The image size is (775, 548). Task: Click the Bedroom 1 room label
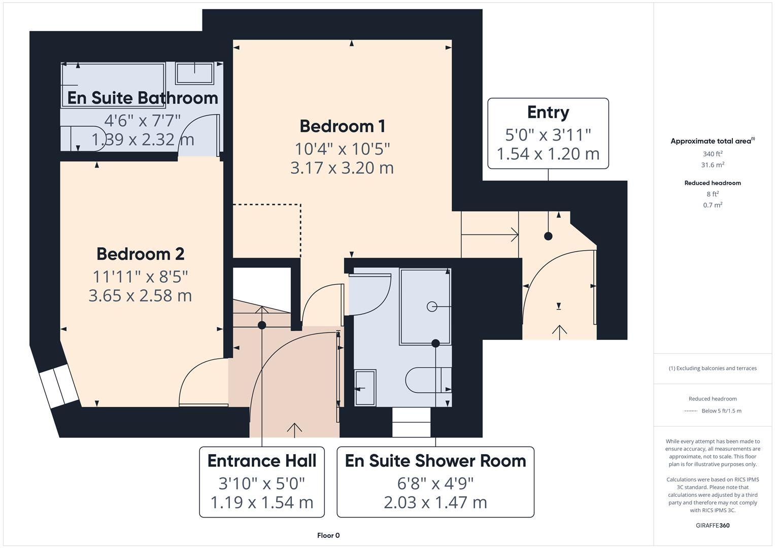pyautogui.click(x=342, y=126)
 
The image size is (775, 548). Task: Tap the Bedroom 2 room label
pyautogui.click(x=140, y=254)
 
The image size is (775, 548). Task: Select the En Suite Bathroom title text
pyautogui.click(x=142, y=98)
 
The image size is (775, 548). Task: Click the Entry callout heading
pyautogui.click(x=548, y=112)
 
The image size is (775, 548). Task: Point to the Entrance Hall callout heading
pyautogui.click(x=262, y=461)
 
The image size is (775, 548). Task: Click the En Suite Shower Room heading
pyautogui.click(x=435, y=461)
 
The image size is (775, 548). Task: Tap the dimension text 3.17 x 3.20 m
pyautogui.click(x=342, y=168)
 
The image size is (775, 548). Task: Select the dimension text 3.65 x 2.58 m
pyautogui.click(x=140, y=296)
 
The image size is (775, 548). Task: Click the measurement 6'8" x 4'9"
pyautogui.click(x=435, y=483)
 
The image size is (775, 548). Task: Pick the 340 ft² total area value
pyautogui.click(x=713, y=154)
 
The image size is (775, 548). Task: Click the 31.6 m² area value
pyautogui.click(x=713, y=165)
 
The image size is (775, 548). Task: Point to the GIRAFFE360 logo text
pyautogui.click(x=713, y=525)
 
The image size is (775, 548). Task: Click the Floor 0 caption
pyautogui.click(x=328, y=535)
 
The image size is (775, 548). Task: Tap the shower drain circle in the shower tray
pyautogui.click(x=432, y=306)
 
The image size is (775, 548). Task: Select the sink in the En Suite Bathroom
pyautogui.click(x=194, y=73)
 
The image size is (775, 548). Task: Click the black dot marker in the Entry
pyautogui.click(x=548, y=236)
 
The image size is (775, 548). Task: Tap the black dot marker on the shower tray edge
pyautogui.click(x=435, y=344)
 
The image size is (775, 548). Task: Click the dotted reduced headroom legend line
pyautogui.click(x=691, y=411)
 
